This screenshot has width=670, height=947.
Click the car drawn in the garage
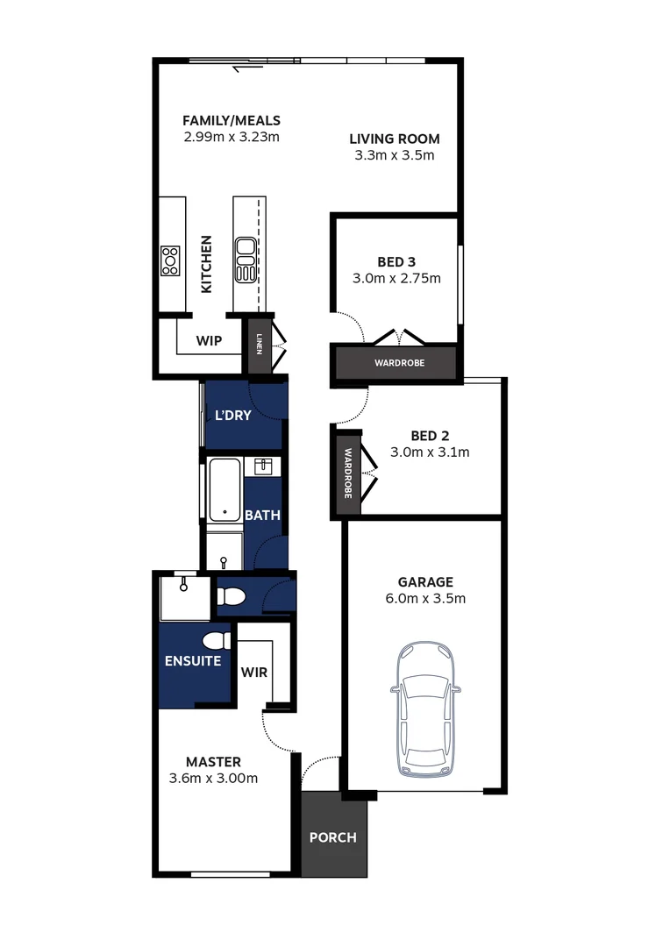[x=424, y=711]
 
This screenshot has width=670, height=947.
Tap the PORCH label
[x=333, y=837]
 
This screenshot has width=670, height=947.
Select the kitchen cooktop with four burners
[x=170, y=260]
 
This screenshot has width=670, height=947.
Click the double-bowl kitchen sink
[x=245, y=260]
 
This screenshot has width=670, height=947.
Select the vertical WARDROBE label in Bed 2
[x=347, y=474]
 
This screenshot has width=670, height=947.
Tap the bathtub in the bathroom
[x=225, y=490]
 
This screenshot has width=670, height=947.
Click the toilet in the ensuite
[x=217, y=641]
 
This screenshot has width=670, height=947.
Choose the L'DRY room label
[x=233, y=416]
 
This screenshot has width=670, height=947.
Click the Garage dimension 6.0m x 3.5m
[x=425, y=599]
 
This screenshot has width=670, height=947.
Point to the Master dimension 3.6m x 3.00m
[x=213, y=778]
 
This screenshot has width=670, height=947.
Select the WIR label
[x=254, y=673]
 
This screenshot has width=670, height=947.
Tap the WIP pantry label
[x=208, y=339]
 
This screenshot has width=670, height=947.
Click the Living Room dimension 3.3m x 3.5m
[x=394, y=155]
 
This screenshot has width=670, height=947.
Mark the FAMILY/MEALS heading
[x=232, y=120]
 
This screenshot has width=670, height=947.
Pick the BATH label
[x=262, y=516]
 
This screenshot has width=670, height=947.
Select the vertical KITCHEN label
[x=207, y=264]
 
